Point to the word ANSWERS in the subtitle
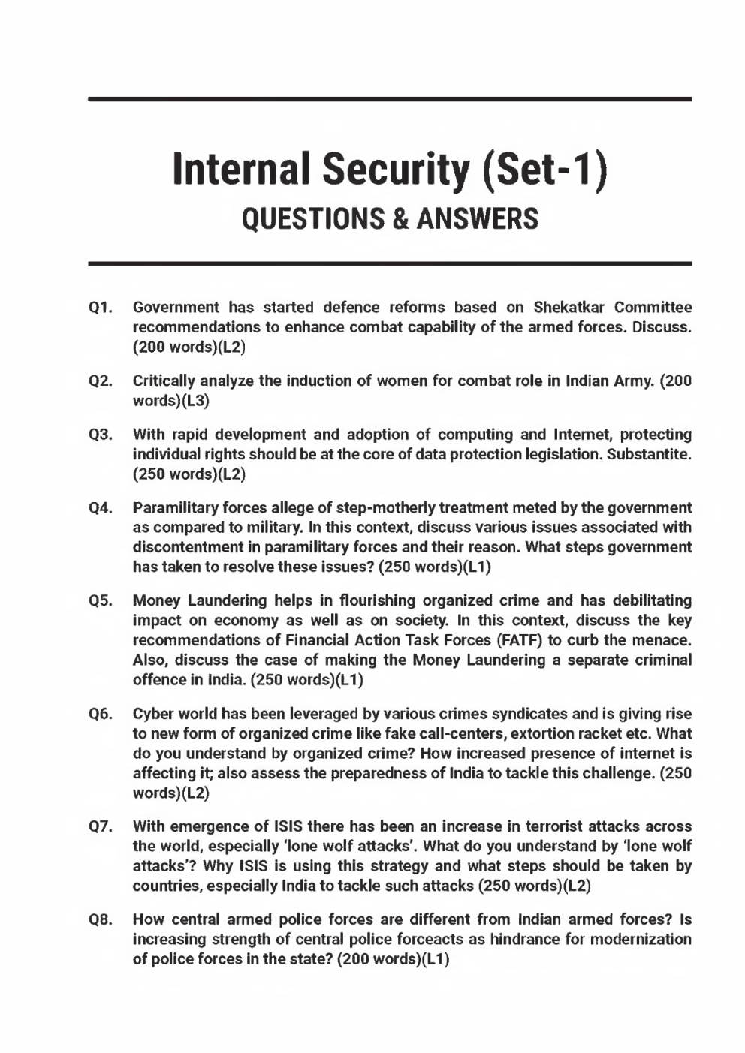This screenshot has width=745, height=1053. click(477, 218)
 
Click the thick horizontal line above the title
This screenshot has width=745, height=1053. click(390, 99)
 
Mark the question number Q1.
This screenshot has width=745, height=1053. click(101, 308)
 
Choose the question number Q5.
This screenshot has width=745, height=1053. click(101, 601)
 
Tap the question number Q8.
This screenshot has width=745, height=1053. click(101, 919)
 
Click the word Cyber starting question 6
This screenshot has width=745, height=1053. click(153, 714)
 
